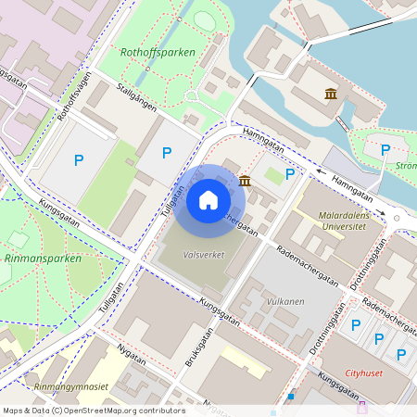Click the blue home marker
(208, 199)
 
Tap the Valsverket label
(204, 254)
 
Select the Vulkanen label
(285, 302)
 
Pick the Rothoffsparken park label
(158, 53)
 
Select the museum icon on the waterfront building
(330, 94)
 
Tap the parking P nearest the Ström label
(385, 149)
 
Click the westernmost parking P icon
(79, 159)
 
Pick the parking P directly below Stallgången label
(167, 153)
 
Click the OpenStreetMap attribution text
(93, 411)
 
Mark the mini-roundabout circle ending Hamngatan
(397, 219)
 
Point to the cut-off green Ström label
(406, 167)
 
